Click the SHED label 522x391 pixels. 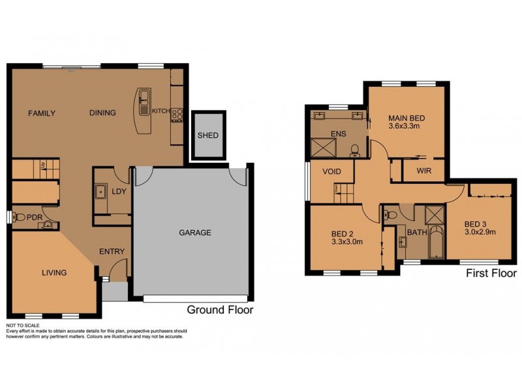[x=207, y=136]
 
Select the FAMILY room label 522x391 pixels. [x=42, y=113]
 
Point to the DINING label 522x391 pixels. [x=102, y=113]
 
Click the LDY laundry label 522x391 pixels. [x=119, y=191]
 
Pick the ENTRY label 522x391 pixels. [x=112, y=252]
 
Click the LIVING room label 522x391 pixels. [x=54, y=272]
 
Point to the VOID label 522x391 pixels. [x=329, y=172]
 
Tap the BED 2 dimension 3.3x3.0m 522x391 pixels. [x=346, y=242]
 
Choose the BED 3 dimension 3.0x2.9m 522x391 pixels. [x=480, y=231]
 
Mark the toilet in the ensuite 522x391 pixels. [x=354, y=151]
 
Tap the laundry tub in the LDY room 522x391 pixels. [x=102, y=192]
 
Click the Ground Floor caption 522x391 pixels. [x=220, y=310]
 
